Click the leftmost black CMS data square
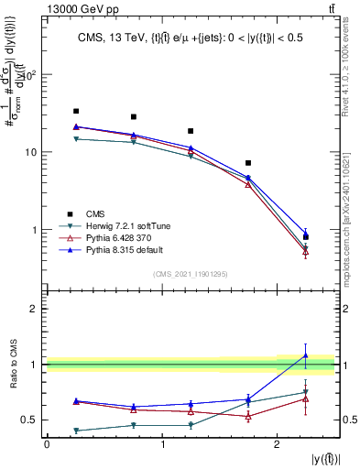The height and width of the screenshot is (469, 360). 76,111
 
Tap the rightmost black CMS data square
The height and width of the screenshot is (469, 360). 306,237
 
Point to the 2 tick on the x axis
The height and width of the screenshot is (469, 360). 278,444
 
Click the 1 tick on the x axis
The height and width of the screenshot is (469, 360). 162,444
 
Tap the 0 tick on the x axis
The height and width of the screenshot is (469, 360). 47,444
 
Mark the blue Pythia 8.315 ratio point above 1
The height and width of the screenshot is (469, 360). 306,355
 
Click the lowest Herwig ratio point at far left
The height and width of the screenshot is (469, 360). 76,431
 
